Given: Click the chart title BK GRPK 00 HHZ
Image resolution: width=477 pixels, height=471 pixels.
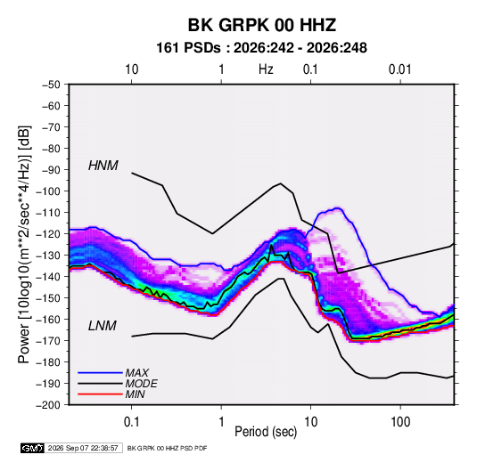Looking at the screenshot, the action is point(261,25).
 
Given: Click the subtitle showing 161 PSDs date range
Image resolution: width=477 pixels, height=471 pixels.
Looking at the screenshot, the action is point(261,48).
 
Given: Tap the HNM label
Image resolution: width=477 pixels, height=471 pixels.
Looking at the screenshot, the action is point(103,166).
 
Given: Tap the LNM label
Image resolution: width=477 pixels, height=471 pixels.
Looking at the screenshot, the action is point(103,326).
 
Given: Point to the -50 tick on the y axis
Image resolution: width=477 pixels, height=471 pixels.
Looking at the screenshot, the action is point(52,85).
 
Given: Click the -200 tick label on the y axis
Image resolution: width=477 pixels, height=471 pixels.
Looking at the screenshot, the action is point(48,405).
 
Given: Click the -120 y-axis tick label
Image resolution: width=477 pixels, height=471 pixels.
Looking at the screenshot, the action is point(48,234).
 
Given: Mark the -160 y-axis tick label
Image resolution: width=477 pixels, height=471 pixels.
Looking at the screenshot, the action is point(48,320).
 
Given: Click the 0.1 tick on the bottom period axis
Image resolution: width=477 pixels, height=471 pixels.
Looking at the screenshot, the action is point(131,422).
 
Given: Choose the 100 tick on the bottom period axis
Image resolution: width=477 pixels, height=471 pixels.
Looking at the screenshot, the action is point(400,422).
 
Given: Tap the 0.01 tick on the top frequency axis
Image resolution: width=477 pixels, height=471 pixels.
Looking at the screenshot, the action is point(400,69).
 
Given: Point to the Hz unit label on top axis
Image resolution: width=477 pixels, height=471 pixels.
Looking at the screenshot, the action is point(266,69).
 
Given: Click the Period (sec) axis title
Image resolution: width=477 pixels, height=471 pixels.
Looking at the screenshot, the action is point(266,432).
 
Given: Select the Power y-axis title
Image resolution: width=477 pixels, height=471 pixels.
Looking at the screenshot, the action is point(24,244).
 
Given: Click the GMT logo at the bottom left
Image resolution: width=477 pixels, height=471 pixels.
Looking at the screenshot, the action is point(32,448).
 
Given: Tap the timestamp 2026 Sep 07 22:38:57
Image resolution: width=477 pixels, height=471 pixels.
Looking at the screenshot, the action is point(83,448).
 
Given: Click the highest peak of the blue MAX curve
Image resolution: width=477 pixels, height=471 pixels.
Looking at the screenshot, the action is point(337,208).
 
